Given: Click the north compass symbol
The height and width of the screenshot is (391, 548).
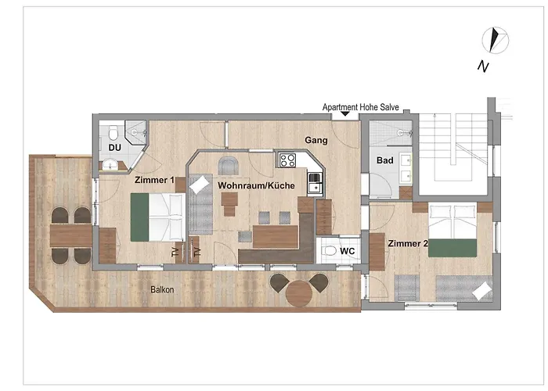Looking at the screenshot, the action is (x=496, y=41).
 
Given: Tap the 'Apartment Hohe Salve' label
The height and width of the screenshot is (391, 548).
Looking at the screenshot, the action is (x=360, y=107).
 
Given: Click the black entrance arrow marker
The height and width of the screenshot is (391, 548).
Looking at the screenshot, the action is (x=345, y=114).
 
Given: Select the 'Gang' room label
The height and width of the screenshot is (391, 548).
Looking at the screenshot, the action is (x=316, y=140).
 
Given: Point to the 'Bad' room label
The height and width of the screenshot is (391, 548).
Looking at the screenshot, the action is (x=385, y=160).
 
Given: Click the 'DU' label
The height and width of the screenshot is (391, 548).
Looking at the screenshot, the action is (x=114, y=148).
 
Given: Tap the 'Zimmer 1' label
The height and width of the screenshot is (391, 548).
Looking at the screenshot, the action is (x=154, y=180).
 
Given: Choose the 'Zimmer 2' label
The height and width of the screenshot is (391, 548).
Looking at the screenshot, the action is (x=408, y=243).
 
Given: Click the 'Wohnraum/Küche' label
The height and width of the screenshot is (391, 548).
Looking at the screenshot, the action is (x=256, y=185).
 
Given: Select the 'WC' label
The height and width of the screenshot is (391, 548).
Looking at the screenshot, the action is (x=347, y=251).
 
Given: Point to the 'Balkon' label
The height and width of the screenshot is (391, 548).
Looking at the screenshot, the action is (x=162, y=289).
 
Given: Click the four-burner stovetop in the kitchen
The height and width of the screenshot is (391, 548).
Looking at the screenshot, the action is (x=287, y=160).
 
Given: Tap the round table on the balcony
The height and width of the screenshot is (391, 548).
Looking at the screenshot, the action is (x=299, y=293).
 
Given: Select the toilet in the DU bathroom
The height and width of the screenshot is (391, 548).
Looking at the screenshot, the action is (x=114, y=133).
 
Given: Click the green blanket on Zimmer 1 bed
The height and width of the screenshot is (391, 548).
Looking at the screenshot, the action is (x=139, y=217).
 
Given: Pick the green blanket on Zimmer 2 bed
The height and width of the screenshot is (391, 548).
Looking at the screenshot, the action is (x=452, y=248).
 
